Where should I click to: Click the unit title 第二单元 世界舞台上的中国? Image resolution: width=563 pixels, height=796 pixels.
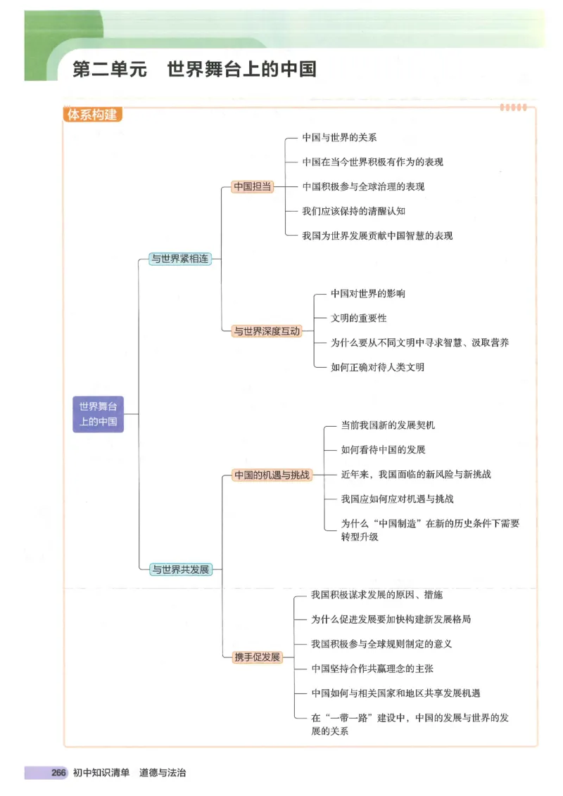click(x=194, y=70)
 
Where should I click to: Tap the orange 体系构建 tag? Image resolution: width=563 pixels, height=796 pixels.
click(x=91, y=115)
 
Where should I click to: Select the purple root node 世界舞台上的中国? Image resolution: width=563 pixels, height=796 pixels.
click(x=98, y=414)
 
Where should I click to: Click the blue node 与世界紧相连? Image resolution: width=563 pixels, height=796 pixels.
click(x=180, y=259)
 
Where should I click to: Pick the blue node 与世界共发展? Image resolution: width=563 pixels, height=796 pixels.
click(x=181, y=570)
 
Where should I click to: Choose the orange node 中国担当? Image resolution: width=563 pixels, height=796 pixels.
click(x=253, y=186)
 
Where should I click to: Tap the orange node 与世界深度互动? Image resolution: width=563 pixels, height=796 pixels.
click(x=267, y=330)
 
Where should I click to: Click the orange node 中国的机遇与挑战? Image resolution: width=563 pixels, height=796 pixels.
click(x=272, y=475)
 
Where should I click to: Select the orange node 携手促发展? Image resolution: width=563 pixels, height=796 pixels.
click(x=257, y=657)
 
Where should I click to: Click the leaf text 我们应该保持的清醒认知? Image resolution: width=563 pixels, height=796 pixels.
click(x=353, y=211)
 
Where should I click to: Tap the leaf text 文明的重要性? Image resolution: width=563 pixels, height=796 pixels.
click(x=358, y=318)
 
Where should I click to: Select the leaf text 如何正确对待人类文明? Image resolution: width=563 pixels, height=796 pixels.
click(x=377, y=367)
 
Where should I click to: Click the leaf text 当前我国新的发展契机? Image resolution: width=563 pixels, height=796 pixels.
click(x=388, y=425)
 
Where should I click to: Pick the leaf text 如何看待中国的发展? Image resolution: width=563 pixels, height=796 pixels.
click(x=383, y=449)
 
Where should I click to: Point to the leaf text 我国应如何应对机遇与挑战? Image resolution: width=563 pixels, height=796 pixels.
click(x=397, y=499)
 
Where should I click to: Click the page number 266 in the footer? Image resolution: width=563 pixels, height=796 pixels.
click(x=58, y=773)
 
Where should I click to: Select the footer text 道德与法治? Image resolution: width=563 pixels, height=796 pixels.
click(x=163, y=773)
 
